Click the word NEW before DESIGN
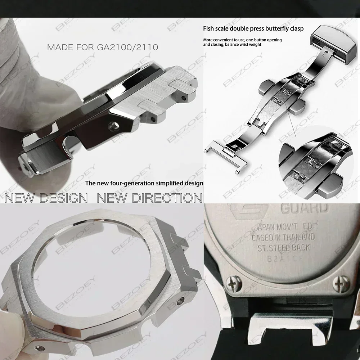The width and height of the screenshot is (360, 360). coord(22,198)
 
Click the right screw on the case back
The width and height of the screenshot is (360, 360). coord(344,283)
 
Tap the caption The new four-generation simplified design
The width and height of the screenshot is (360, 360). coord(144,183)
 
